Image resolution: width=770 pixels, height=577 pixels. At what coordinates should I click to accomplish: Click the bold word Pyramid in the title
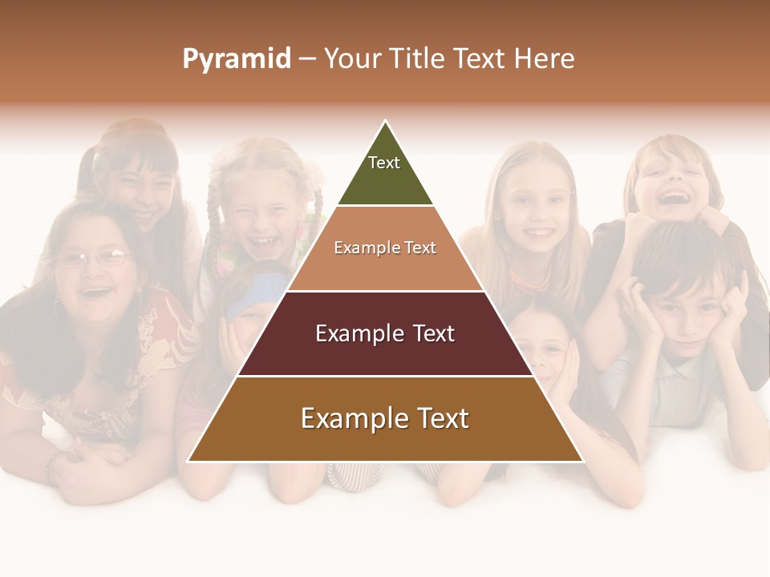click(x=237, y=59)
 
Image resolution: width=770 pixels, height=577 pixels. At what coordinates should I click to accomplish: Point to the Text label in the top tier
click(x=384, y=163)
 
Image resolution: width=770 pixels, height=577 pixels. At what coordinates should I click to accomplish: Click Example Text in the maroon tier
click(x=385, y=333)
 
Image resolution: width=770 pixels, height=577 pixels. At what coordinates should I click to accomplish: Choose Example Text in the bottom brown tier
click(x=385, y=418)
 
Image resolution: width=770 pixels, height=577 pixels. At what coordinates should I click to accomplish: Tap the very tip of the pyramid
click(x=386, y=122)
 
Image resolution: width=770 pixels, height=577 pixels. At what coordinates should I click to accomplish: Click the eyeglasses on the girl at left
click(x=95, y=258)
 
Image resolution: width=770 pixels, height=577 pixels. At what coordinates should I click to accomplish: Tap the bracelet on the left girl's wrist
click(x=55, y=465)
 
